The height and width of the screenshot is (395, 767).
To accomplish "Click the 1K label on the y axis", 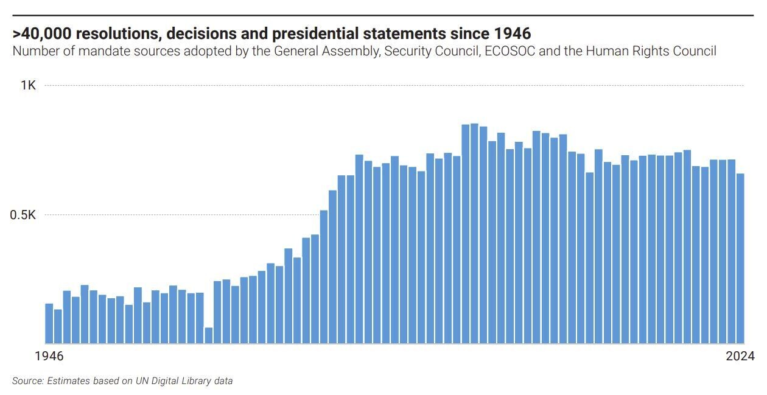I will tap(28, 85).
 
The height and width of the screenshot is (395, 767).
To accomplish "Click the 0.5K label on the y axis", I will tap(23, 215).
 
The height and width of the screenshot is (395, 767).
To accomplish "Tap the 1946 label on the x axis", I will tap(50, 356).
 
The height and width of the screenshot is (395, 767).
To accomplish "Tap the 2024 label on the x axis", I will tap(740, 356).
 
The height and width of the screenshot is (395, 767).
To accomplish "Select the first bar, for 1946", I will tap(49, 323).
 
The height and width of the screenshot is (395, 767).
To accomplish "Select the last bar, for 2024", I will tap(740, 259).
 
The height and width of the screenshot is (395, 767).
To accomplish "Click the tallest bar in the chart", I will tap(474, 234).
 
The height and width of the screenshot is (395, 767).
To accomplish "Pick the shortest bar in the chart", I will tap(209, 335).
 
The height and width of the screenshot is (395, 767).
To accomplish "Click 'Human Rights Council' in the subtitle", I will tap(651, 51).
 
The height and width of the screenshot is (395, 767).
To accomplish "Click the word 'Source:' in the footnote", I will tap(28, 381).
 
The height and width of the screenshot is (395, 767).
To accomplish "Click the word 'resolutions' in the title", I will tap(114, 32).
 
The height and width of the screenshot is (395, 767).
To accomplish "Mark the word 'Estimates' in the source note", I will tap(68, 381).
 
